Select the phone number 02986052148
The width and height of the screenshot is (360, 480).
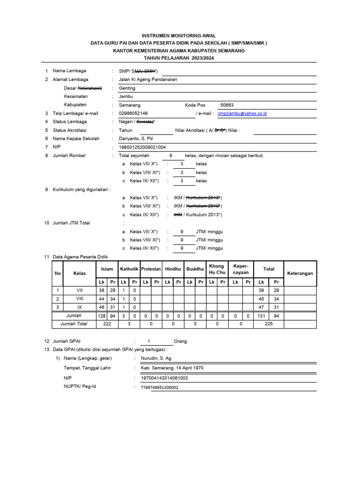click(x=133, y=113)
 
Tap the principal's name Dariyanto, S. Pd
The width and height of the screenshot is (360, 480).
click(x=136, y=139)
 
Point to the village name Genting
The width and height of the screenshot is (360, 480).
click(x=127, y=88)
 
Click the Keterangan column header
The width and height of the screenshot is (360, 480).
click(x=300, y=273)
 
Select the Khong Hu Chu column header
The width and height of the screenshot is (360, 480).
click(x=217, y=269)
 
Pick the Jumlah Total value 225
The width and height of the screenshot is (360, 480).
click(x=269, y=323)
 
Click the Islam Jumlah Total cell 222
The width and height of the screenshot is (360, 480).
click(x=107, y=323)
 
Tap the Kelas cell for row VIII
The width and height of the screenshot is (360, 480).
click(x=80, y=299)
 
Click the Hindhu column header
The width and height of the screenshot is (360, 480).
click(x=172, y=269)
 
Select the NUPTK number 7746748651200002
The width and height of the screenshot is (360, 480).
click(x=156, y=387)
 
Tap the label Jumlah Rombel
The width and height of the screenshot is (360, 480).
click(x=69, y=156)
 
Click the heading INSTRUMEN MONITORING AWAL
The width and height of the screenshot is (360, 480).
click(x=180, y=36)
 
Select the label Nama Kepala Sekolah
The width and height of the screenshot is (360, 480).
click(x=75, y=139)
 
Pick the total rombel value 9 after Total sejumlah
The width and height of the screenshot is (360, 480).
click(x=171, y=156)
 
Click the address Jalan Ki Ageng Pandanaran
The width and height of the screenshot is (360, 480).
click(x=148, y=80)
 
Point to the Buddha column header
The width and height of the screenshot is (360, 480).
click(x=195, y=269)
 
